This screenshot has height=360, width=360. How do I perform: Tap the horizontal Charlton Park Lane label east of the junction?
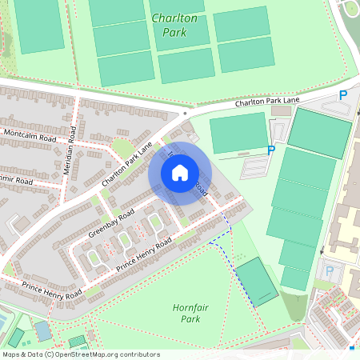tap(266, 102)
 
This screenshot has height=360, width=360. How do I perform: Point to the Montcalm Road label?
tap(30, 135)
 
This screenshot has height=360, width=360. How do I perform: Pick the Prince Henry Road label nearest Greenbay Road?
tap(144, 254)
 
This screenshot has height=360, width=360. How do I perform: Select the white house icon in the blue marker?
tap(180, 172)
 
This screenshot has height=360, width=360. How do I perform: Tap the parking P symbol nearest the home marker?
tap(270, 149)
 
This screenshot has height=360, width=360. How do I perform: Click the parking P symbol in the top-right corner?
tap(343, 95)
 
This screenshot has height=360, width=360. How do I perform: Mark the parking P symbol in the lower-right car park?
tap(330, 270)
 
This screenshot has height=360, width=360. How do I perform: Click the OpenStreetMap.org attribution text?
tap(119, 354)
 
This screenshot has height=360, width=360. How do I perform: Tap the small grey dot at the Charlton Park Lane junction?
tap(185, 114)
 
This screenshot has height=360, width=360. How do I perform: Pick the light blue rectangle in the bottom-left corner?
tap(42, 330)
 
